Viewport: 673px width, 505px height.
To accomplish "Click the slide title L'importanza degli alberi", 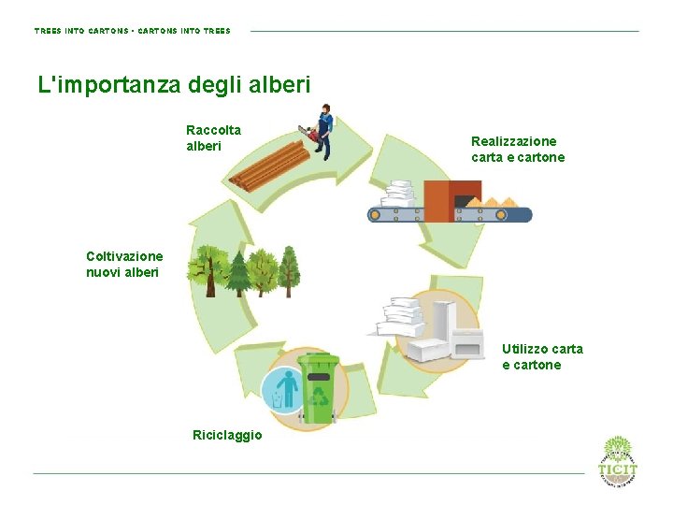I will (174, 85).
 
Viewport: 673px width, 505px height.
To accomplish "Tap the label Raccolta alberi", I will (213, 138).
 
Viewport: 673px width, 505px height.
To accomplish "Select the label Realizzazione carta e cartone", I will (518, 150).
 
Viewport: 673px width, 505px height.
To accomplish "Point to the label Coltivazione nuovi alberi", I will (124, 264).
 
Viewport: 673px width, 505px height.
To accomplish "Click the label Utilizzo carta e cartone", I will (542, 356).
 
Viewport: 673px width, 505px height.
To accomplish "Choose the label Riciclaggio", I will (227, 435).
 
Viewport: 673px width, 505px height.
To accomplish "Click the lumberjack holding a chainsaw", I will (323, 131).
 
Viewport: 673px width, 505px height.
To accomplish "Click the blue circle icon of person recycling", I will (282, 389).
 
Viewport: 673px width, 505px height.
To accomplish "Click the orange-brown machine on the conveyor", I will (438, 200).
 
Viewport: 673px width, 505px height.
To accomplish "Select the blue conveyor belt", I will (450, 215).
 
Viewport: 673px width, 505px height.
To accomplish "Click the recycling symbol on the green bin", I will (320, 395).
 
